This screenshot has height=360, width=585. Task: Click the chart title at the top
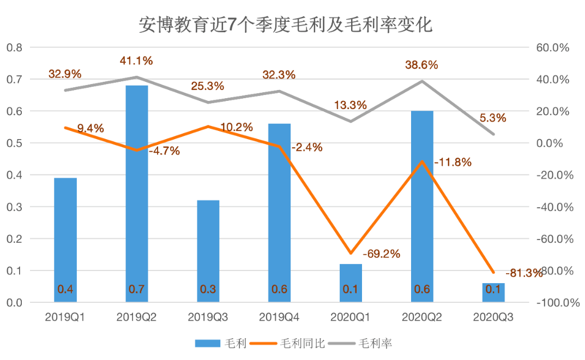[x=285, y=25]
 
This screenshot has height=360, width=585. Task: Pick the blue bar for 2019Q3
[x=208, y=251]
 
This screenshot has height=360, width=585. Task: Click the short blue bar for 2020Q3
[x=493, y=292]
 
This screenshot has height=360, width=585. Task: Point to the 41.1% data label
[x=136, y=61]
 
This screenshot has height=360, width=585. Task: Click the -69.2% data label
[x=382, y=254]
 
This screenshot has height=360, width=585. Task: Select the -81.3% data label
[x=524, y=273]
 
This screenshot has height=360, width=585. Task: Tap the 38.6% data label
[x=421, y=65]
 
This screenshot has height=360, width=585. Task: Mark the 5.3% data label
[x=493, y=118]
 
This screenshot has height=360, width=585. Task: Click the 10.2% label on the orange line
[x=237, y=128]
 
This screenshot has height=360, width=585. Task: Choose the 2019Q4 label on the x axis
[x=279, y=317]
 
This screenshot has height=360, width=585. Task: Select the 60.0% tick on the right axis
[x=553, y=47]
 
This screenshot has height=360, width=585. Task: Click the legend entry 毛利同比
[x=294, y=344]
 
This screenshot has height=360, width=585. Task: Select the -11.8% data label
[x=453, y=163]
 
